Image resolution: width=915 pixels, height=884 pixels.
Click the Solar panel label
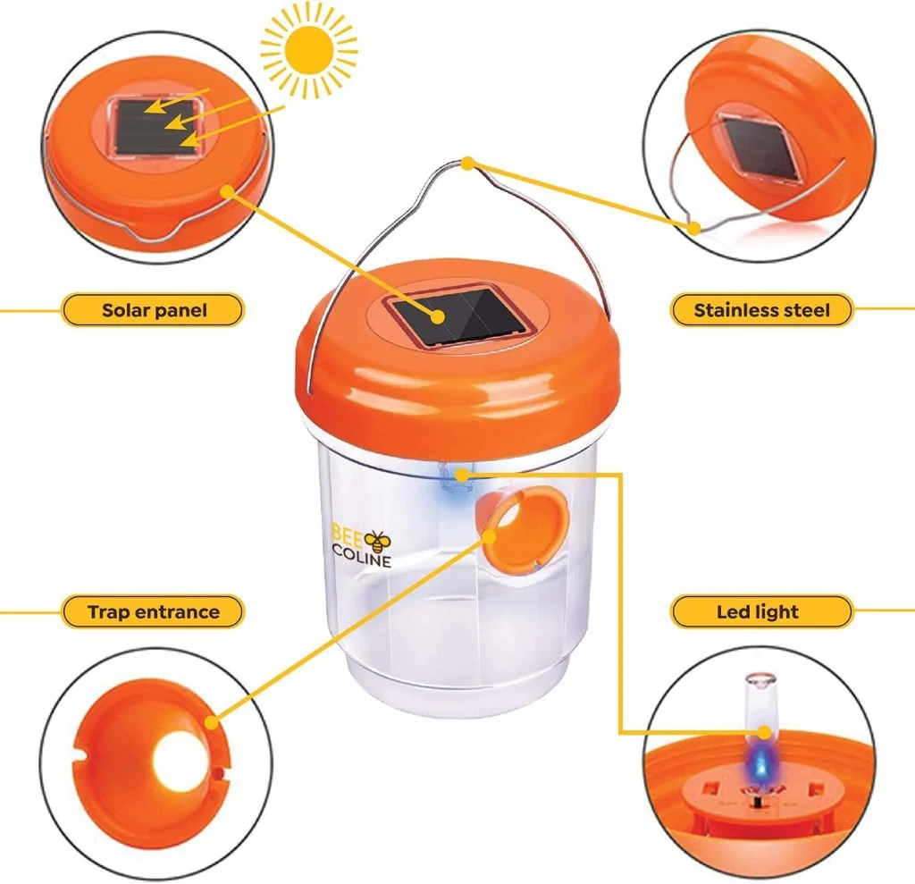(154, 309)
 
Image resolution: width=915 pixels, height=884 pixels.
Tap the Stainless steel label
(761, 309)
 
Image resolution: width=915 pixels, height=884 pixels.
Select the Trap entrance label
(154, 611)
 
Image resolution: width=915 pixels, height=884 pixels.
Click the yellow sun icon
(308, 51)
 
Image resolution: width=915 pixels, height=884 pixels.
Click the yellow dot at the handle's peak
(468, 164)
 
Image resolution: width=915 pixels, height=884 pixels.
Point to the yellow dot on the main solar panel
(438, 317)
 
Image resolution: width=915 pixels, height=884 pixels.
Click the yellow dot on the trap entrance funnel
(489, 536)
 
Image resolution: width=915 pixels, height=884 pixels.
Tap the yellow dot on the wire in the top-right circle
(693, 228)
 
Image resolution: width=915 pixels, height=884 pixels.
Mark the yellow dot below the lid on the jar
(462, 475)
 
